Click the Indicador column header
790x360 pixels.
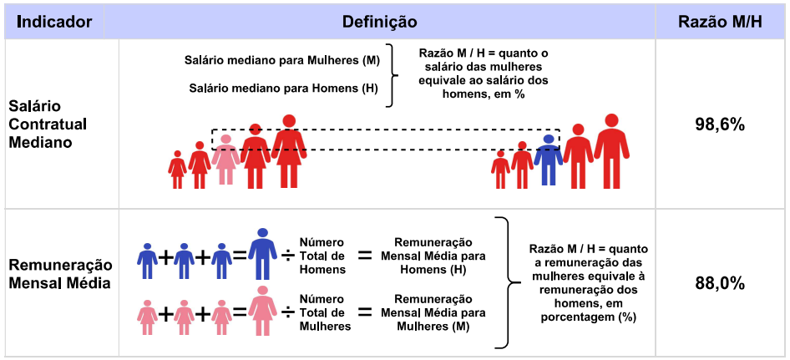point(54,22)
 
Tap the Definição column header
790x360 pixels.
point(379,22)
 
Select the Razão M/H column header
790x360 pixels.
point(720,22)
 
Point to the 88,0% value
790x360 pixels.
point(720,284)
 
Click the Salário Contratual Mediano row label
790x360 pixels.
point(48,124)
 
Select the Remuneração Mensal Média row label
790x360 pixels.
point(59,274)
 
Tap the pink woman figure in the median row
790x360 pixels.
point(225,160)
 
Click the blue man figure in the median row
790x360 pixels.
point(548,160)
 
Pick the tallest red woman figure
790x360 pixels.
point(289,151)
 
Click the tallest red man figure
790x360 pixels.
point(611,151)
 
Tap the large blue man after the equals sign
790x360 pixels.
point(261,254)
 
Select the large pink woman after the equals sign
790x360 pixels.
point(262,311)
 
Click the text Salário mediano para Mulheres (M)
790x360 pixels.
point(281,60)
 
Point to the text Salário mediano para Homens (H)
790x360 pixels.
point(284,89)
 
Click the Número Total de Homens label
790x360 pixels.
point(322,256)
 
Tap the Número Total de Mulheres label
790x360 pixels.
point(325,312)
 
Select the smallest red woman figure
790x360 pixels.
point(177,170)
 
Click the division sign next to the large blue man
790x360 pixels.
point(287,255)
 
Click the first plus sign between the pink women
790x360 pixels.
point(165,315)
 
